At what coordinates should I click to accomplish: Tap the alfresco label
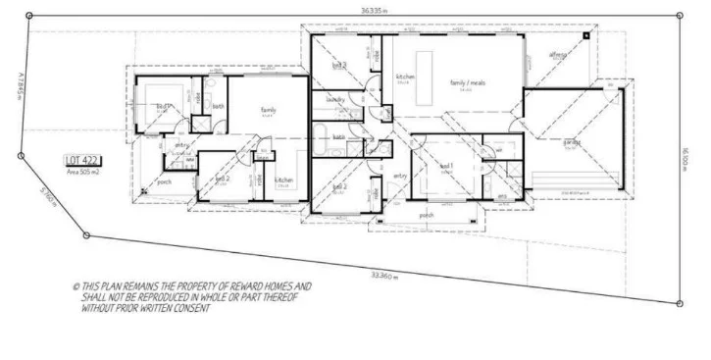coord(559,55)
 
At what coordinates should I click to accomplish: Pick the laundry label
coord(334,99)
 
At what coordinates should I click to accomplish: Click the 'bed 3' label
coord(339,65)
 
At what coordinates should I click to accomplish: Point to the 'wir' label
coord(498,149)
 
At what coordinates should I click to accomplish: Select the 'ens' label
coord(502,196)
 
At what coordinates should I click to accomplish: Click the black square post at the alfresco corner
coord(586,35)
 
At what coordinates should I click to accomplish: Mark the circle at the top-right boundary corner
coord(681,14)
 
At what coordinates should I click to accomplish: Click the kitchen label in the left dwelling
coord(283,180)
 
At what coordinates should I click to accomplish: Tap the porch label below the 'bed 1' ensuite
coord(426,214)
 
